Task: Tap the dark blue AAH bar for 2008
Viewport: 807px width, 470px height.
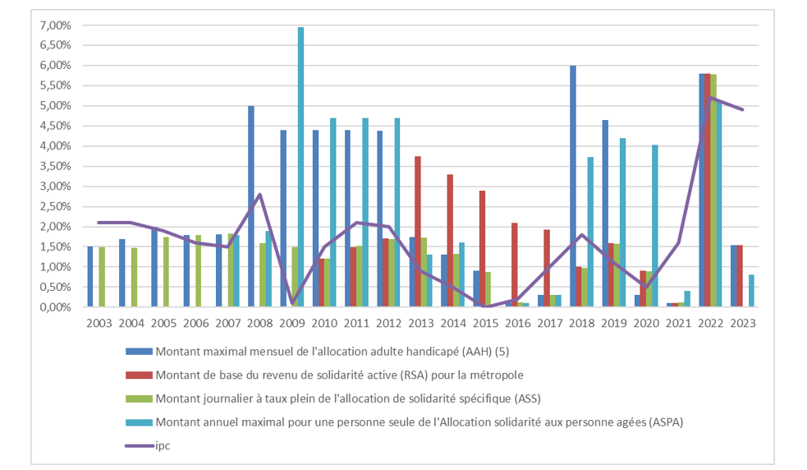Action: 251,206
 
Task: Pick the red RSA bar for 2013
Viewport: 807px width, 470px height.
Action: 418,231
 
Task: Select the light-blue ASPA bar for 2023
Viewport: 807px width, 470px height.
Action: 752,291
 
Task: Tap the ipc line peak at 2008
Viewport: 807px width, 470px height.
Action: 259,195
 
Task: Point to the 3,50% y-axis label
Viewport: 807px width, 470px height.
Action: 55,166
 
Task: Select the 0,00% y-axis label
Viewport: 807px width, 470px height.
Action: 55,307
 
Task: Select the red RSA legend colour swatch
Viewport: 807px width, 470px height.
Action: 139,375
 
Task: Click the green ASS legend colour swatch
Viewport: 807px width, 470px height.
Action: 139,399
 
